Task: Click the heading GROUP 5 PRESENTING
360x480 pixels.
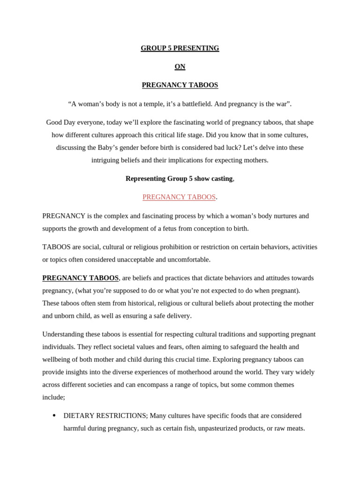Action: click(x=180, y=48)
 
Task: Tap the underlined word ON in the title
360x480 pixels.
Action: click(x=180, y=67)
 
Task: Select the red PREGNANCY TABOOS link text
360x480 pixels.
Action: click(x=179, y=197)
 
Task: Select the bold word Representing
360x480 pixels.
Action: click(x=146, y=179)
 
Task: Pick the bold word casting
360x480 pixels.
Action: click(x=221, y=179)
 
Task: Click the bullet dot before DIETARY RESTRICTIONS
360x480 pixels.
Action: click(x=54, y=415)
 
